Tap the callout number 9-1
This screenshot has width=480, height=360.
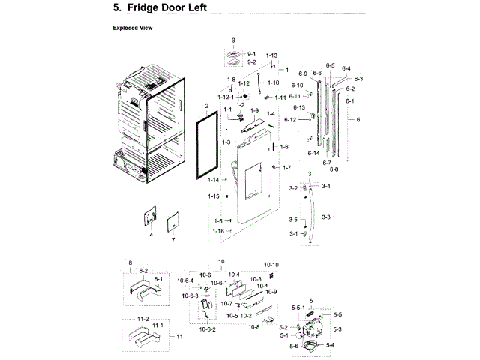pyautogui.click(x=251, y=54)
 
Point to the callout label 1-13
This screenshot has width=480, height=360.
pyautogui.click(x=271, y=55)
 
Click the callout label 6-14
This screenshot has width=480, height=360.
pyautogui.click(x=313, y=153)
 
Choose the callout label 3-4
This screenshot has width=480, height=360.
pyautogui.click(x=325, y=185)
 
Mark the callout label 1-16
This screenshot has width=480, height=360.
pyautogui.click(x=217, y=231)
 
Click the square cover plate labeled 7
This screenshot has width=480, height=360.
pyautogui.click(x=172, y=223)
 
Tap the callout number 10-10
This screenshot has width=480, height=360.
pyautogui.click(x=271, y=265)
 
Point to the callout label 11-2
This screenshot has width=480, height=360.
pyautogui.click(x=142, y=319)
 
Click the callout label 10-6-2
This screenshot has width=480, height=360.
pyautogui.click(x=208, y=329)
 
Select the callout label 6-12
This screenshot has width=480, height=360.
pyautogui.click(x=290, y=120)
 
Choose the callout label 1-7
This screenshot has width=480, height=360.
pyautogui.click(x=286, y=167)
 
